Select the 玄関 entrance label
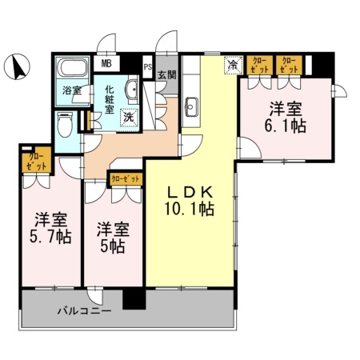coord(166,76)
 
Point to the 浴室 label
coord(71,90)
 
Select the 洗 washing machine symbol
coord(128,118)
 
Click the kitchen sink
coord(192,105)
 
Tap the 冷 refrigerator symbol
coord(233,64)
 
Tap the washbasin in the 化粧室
coord(133,90)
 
